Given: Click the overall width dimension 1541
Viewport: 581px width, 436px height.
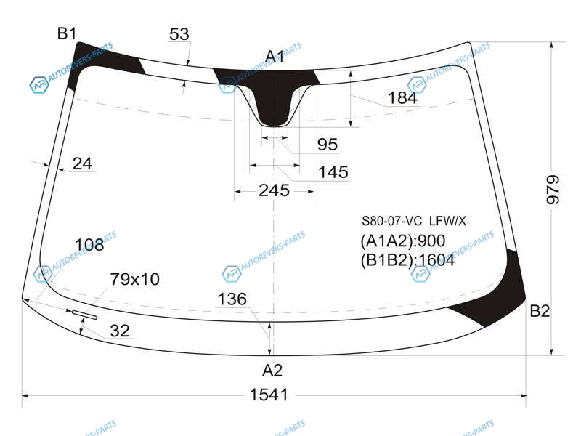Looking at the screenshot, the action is click(269, 395).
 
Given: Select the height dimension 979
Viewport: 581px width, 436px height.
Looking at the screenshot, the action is click(553, 190).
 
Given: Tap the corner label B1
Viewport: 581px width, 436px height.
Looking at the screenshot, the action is click(67, 33).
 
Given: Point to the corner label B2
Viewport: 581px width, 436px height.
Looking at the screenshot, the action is click(540, 311).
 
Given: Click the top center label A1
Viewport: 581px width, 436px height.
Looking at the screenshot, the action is click(275, 57).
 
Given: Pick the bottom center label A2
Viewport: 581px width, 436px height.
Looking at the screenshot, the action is click(272, 370).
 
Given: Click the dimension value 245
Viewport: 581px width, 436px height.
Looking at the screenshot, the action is click(274, 190).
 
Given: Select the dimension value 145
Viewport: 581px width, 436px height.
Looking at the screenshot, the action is click(333, 172).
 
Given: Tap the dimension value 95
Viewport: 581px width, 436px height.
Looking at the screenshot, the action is click(328, 145).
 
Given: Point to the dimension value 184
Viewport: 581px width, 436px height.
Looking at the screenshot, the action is click(402, 98).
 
